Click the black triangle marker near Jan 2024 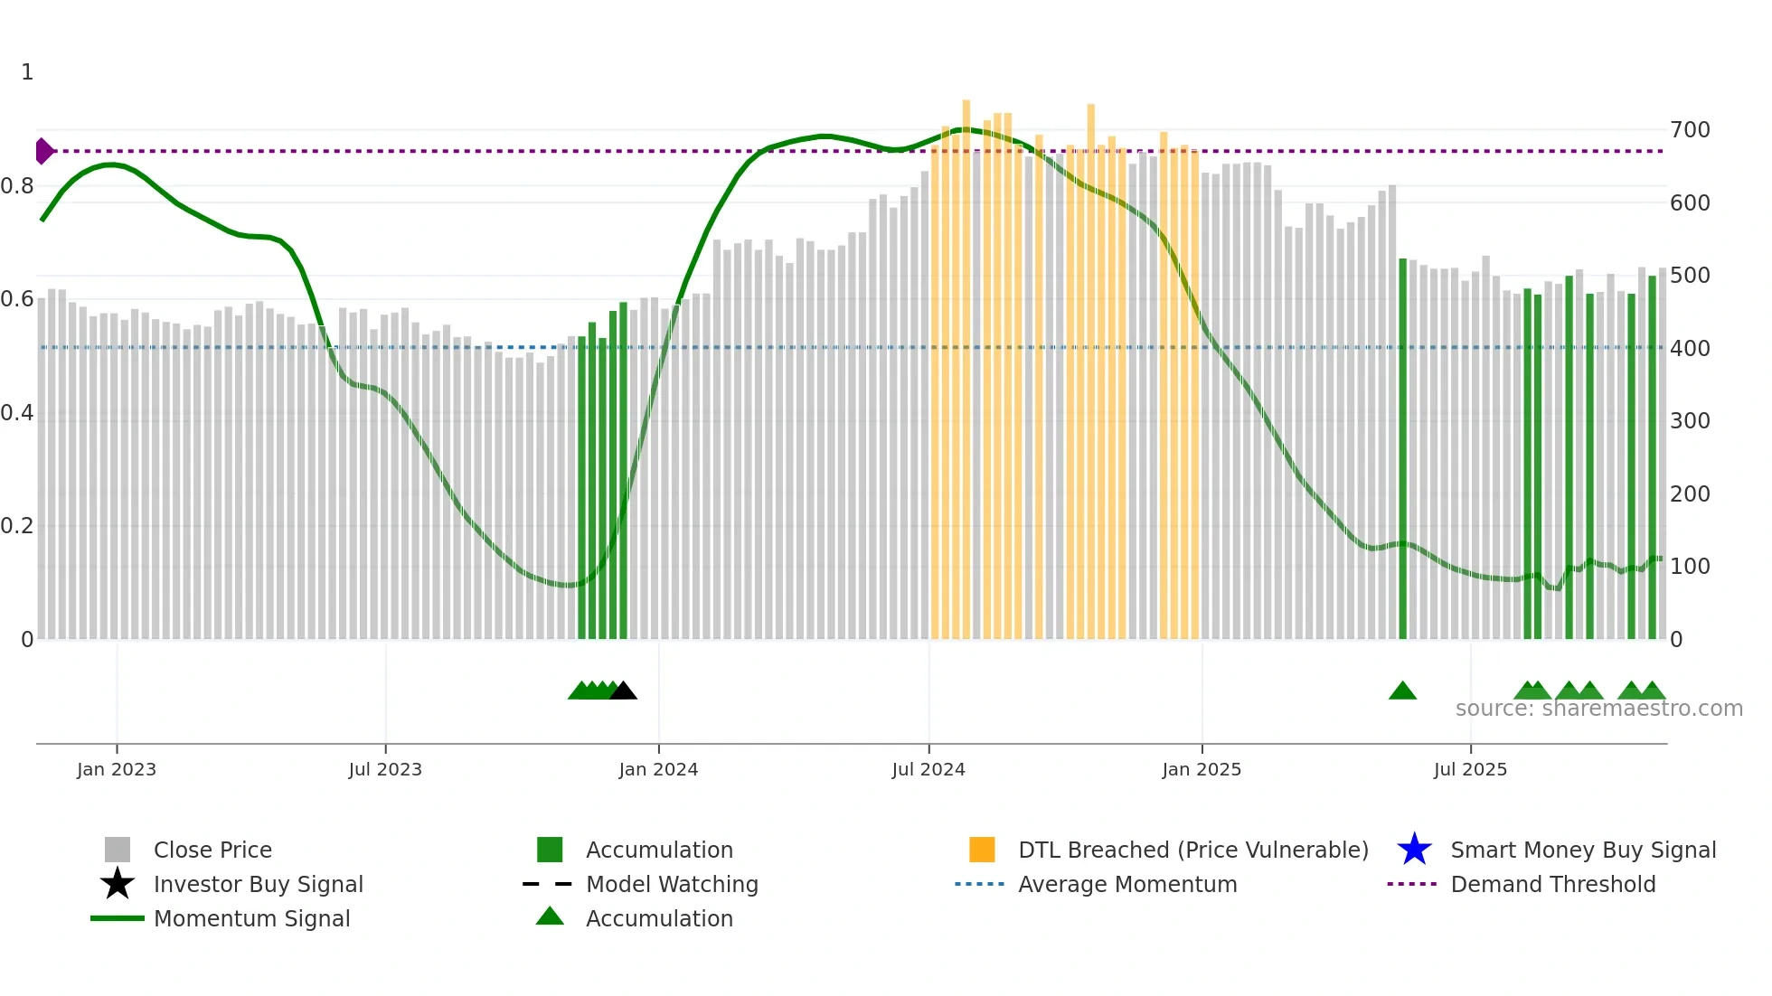[623, 691]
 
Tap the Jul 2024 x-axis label [928, 769]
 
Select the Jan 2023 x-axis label [117, 769]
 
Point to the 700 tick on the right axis [1690, 130]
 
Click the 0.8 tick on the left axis [17, 186]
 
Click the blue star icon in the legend [1414, 850]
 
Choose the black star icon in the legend [118, 884]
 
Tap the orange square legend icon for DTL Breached [982, 850]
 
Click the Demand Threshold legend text [1552, 884]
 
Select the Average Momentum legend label [1126, 884]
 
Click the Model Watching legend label [672, 884]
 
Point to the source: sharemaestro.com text [1598, 709]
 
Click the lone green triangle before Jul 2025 [1402, 691]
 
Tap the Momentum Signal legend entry [251, 918]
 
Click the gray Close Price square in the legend [118, 850]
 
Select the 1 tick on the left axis [27, 72]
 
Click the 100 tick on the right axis [1690, 567]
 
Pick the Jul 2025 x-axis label [1470, 769]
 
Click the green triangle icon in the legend [550, 916]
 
